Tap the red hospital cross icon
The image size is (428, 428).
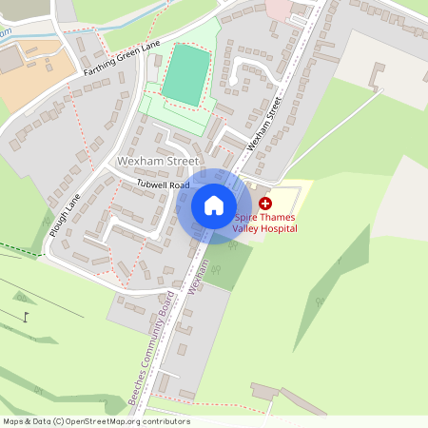click(265, 203)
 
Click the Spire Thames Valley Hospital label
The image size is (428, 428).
click(266, 223)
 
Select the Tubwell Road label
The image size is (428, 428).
click(163, 184)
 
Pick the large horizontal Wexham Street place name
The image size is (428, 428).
click(158, 162)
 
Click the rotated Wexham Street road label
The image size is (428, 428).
click(266, 123)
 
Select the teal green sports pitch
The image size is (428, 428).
click(185, 73)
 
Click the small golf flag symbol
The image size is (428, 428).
click(27, 317)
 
